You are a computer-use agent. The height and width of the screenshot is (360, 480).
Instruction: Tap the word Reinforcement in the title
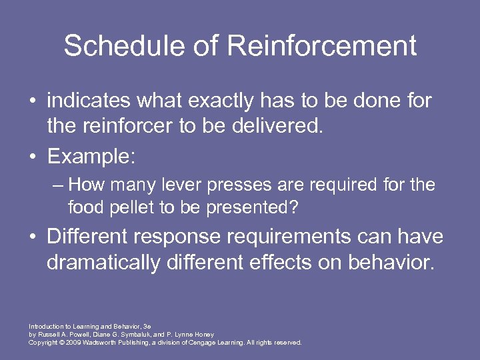(x=322, y=47)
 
